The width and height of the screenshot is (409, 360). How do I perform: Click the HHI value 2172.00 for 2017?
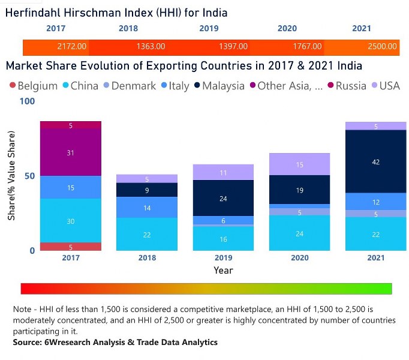(x=72, y=46)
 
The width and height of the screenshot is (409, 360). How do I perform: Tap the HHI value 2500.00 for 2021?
(x=383, y=46)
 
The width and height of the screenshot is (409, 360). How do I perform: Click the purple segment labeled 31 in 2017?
(x=71, y=152)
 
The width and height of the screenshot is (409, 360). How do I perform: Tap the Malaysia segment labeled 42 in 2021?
(x=376, y=161)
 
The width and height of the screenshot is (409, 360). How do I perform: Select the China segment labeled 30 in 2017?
(x=71, y=221)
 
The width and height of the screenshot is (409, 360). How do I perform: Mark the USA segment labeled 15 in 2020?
(x=300, y=164)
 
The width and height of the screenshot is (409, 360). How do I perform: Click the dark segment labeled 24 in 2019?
(x=222, y=198)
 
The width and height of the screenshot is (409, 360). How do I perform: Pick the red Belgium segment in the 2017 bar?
(x=71, y=247)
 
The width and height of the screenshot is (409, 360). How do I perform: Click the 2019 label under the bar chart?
(x=222, y=258)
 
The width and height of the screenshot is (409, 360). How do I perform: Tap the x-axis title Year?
(x=223, y=270)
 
